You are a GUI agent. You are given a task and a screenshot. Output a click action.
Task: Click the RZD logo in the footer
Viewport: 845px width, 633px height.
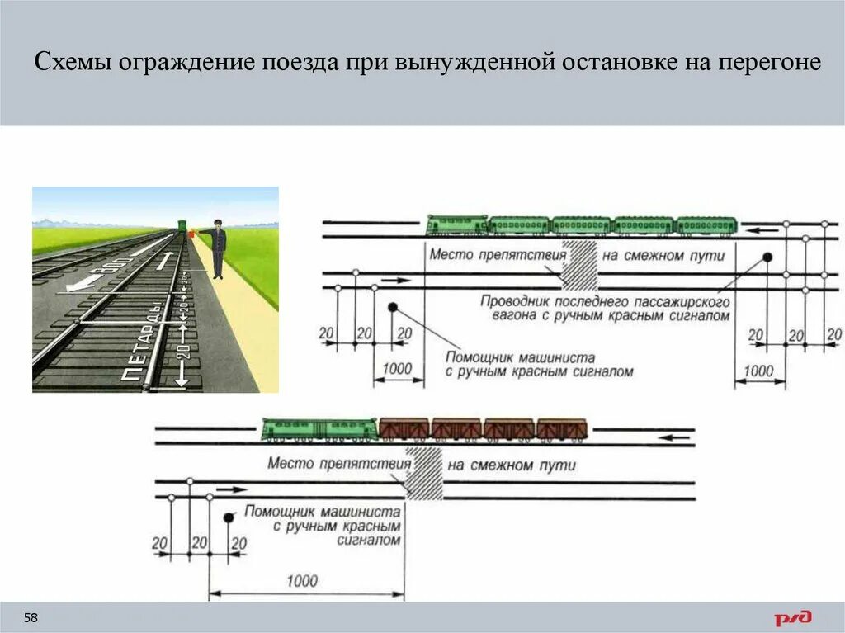pyautogui.click(x=792, y=617)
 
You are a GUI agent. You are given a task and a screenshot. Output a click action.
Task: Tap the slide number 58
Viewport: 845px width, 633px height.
pyautogui.click(x=31, y=618)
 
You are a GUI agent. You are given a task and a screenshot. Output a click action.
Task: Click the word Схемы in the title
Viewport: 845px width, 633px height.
pyautogui.click(x=75, y=64)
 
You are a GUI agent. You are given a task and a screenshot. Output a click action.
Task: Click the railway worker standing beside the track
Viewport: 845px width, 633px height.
pyautogui.click(x=217, y=248)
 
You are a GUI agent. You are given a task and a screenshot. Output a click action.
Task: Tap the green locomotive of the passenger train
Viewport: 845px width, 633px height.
pyautogui.click(x=457, y=225)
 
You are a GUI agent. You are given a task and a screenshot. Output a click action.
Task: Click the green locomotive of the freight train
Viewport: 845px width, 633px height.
pyautogui.click(x=319, y=429)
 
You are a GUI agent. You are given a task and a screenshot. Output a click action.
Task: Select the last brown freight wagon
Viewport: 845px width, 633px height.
pyautogui.click(x=562, y=428)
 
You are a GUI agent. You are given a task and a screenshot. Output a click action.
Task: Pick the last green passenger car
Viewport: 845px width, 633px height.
pyautogui.click(x=706, y=225)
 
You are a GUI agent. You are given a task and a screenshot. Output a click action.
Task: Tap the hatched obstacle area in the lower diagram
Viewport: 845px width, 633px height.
pyautogui.click(x=425, y=474)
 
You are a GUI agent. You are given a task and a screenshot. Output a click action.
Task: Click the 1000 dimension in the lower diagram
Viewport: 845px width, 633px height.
pyautogui.click(x=302, y=581)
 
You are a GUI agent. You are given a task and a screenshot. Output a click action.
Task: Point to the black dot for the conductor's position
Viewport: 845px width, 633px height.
pyautogui.click(x=767, y=257)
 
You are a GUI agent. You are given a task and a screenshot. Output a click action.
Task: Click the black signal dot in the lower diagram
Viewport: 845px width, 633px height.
pyautogui.click(x=229, y=517)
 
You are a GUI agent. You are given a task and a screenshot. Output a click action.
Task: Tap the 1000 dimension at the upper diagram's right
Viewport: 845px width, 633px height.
pyautogui.click(x=758, y=371)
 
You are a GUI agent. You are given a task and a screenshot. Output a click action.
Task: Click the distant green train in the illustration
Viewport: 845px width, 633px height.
pyautogui.click(x=181, y=227)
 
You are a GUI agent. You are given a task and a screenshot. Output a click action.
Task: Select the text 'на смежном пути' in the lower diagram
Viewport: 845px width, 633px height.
pyautogui.click(x=523, y=465)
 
